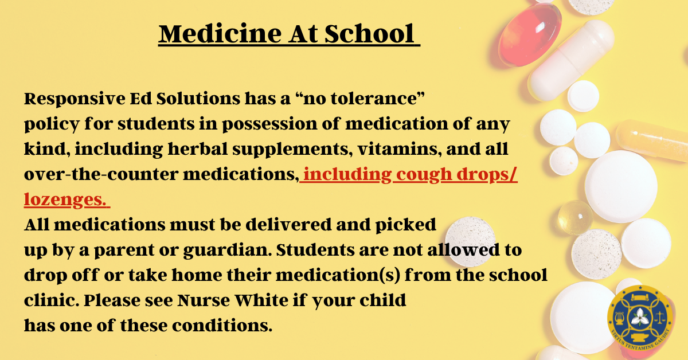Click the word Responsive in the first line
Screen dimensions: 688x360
pyautogui.click(x=75, y=99)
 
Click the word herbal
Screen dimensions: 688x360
pyautogui.click(x=197, y=149)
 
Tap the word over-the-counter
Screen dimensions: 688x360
pyautogui.click(x=101, y=174)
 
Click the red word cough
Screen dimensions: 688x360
pyautogui.click(x=424, y=175)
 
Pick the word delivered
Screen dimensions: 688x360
pyautogui.click(x=289, y=225)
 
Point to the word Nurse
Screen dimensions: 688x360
pyautogui.click(x=204, y=300)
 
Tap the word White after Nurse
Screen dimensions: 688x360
pyautogui.click(x=261, y=300)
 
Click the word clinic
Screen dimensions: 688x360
pyautogui.click(x=51, y=300)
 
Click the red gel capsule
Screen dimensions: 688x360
pyautogui.click(x=530, y=34)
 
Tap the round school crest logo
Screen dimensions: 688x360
pyautogui.click(x=640, y=319)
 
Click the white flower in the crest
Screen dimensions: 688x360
pyautogui.click(x=640, y=318)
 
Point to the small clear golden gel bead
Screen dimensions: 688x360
pyautogui.click(x=575, y=217)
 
